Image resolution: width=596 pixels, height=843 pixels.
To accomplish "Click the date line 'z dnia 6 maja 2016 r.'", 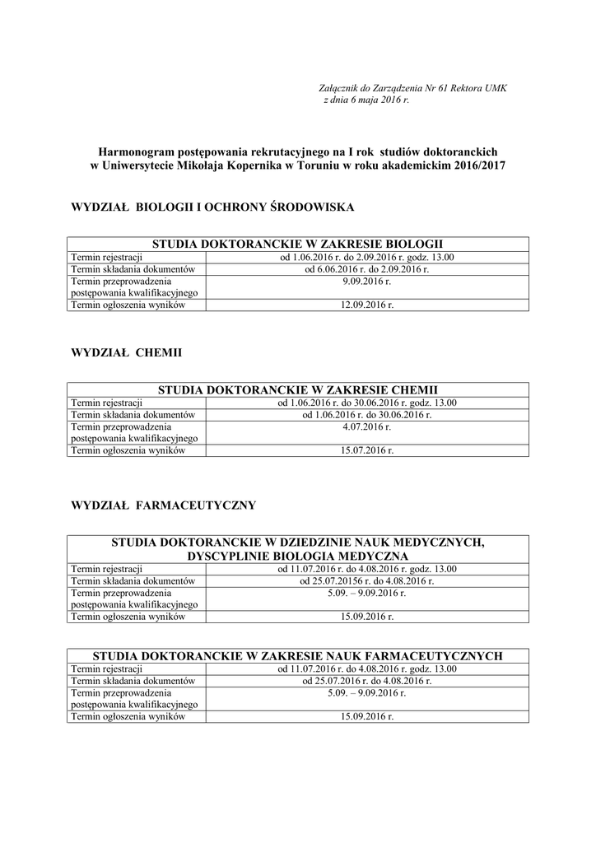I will click(x=366, y=100).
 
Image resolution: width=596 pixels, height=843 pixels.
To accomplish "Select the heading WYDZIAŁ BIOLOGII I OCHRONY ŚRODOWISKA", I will click(x=213, y=207).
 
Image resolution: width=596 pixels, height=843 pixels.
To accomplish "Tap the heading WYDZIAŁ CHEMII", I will click(x=127, y=352).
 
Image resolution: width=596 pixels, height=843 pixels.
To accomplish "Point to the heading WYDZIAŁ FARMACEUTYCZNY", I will click(x=164, y=505).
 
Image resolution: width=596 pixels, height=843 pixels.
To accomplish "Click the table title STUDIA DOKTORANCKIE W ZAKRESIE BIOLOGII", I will click(x=297, y=245).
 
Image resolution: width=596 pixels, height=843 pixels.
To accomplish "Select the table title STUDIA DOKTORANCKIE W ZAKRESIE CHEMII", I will click(x=297, y=389).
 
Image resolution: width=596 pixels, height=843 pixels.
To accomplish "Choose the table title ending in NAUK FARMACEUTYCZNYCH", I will click(x=297, y=656).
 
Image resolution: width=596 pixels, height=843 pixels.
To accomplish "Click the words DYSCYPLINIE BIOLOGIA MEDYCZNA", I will click(x=297, y=556).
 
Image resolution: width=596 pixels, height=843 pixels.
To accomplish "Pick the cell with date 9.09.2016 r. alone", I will click(x=367, y=282).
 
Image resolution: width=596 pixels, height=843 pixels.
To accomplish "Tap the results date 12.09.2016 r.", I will click(x=367, y=305).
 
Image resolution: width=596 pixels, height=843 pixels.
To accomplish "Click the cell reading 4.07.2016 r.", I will click(x=367, y=426).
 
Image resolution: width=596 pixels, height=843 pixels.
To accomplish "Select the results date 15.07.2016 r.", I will click(x=367, y=450).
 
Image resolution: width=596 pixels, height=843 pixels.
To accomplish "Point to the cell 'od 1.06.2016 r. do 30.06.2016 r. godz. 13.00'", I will click(x=367, y=403).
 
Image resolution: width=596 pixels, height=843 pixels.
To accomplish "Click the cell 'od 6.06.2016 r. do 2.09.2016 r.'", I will click(x=367, y=269).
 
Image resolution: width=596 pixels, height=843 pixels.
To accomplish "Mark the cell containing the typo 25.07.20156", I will click(x=367, y=580).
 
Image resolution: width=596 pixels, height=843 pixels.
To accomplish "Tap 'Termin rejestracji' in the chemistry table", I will click(x=107, y=403).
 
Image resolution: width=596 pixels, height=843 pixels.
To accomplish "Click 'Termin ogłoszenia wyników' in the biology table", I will click(x=128, y=305).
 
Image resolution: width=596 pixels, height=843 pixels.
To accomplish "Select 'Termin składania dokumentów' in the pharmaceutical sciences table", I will click(x=133, y=681).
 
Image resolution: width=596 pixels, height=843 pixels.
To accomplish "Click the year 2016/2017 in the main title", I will click(x=477, y=165).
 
